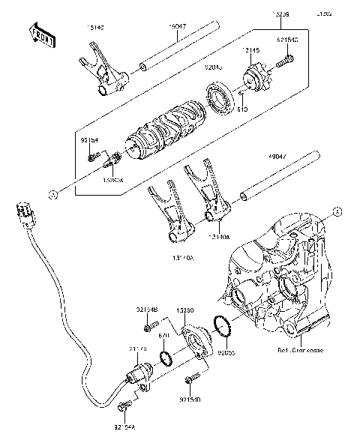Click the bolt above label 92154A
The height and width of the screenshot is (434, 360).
tap(125, 407)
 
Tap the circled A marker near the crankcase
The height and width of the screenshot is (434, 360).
tap(337, 211)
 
